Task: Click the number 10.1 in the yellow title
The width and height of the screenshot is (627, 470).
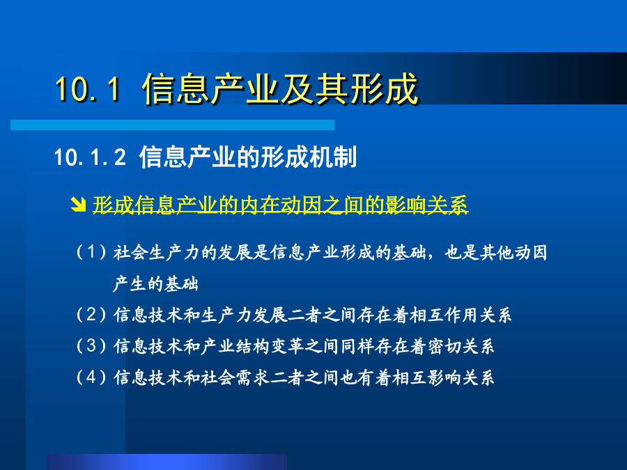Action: [x=88, y=88]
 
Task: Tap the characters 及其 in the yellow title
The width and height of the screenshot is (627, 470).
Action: [x=296, y=88]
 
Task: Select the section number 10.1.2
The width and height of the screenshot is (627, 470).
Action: [x=90, y=157]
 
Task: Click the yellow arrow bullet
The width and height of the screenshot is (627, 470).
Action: [x=78, y=204]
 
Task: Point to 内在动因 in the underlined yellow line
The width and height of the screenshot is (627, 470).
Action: [x=280, y=205]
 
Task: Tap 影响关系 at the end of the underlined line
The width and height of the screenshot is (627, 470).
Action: [x=426, y=205]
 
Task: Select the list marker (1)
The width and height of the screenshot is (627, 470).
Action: [x=91, y=252]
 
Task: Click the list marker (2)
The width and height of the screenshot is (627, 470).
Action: [x=91, y=315]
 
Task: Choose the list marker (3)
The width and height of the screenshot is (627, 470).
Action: [x=91, y=345]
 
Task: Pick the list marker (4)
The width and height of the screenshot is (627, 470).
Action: [x=91, y=377]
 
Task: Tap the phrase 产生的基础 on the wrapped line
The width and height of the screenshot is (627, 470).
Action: [x=156, y=284]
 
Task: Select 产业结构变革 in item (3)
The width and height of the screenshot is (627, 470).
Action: [x=252, y=346]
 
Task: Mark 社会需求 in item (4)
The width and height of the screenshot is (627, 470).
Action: [x=235, y=377]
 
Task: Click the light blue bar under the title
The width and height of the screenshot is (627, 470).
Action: [x=172, y=125]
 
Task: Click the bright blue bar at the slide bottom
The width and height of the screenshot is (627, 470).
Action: [x=167, y=462]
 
